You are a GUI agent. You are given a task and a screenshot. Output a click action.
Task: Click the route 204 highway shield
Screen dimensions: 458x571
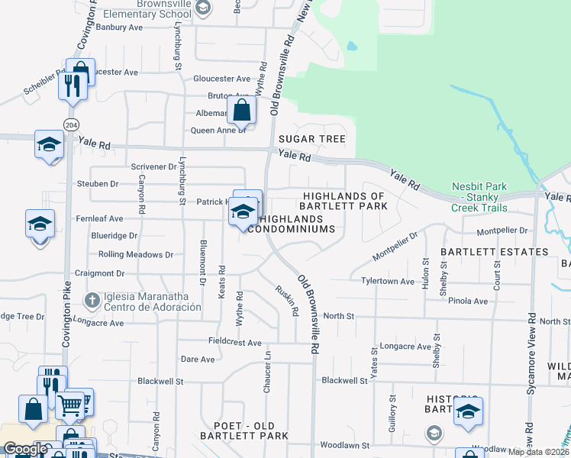[x=71, y=124]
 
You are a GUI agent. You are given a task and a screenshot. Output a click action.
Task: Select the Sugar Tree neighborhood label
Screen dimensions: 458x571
[x=311, y=139]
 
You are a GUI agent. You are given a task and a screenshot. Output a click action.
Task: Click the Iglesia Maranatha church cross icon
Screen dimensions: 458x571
[x=92, y=298]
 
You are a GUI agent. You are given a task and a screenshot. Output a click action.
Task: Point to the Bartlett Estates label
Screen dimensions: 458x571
[x=495, y=251]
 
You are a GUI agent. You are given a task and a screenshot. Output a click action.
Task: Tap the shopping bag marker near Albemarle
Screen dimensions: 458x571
[x=241, y=110]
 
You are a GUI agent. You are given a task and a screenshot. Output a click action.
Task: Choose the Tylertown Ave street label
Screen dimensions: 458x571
[x=387, y=281]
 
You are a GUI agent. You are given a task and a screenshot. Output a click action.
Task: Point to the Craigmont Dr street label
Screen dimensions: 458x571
[x=99, y=273]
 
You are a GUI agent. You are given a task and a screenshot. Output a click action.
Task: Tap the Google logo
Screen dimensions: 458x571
[x=25, y=449]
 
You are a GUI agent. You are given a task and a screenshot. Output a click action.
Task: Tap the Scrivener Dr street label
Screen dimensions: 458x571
[x=133, y=166]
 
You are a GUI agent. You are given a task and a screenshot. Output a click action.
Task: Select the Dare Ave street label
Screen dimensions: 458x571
[x=198, y=359]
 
